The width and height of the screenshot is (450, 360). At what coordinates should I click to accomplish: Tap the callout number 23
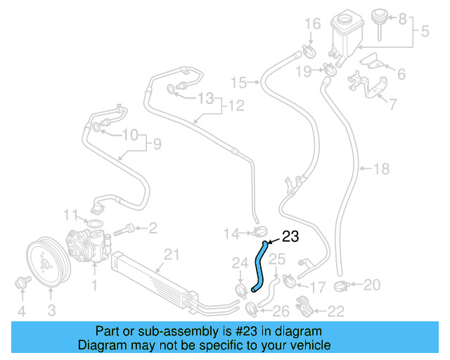(x=291, y=237)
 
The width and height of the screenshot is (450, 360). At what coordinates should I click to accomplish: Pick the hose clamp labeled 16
(x=307, y=51)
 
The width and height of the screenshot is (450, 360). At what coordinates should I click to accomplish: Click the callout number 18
(x=380, y=169)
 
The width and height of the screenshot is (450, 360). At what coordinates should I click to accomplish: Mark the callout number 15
(x=239, y=83)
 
